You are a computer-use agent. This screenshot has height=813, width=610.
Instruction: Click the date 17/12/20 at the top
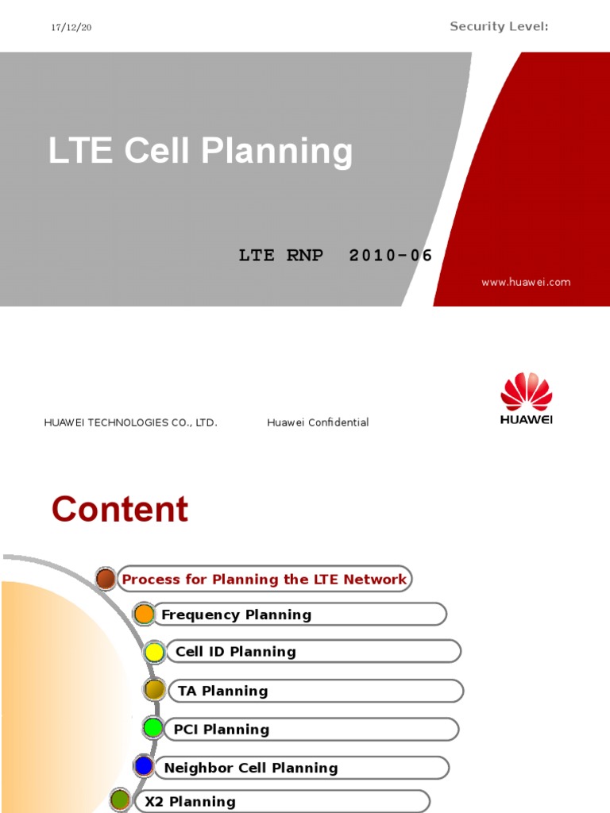(71, 28)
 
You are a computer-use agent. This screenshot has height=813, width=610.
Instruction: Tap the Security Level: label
(499, 27)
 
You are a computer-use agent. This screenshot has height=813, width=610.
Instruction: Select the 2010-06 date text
(391, 256)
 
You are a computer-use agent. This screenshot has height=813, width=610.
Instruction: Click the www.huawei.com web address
(526, 282)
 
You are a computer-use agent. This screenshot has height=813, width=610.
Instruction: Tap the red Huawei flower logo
(526, 392)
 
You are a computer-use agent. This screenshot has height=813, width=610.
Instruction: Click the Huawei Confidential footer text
(318, 422)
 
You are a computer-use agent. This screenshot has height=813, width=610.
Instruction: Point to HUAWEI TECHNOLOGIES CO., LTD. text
(130, 422)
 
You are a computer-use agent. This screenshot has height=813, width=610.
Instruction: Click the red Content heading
(120, 510)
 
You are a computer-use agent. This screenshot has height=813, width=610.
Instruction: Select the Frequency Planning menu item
(236, 615)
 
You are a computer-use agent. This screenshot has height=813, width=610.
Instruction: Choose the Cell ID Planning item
(235, 652)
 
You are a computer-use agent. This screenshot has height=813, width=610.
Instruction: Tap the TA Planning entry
(222, 691)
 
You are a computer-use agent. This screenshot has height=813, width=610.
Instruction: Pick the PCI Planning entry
(221, 730)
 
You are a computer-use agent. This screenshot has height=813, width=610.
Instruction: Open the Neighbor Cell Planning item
(250, 768)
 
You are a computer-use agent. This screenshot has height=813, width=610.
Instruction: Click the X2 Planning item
(190, 802)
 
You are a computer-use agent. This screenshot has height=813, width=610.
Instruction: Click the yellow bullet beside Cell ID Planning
(154, 653)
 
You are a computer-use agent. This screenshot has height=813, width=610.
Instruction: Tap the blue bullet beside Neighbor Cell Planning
(144, 766)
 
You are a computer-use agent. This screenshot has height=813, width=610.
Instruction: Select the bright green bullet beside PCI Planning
(153, 727)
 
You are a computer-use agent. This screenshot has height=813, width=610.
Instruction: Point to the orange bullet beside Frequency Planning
(144, 614)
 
